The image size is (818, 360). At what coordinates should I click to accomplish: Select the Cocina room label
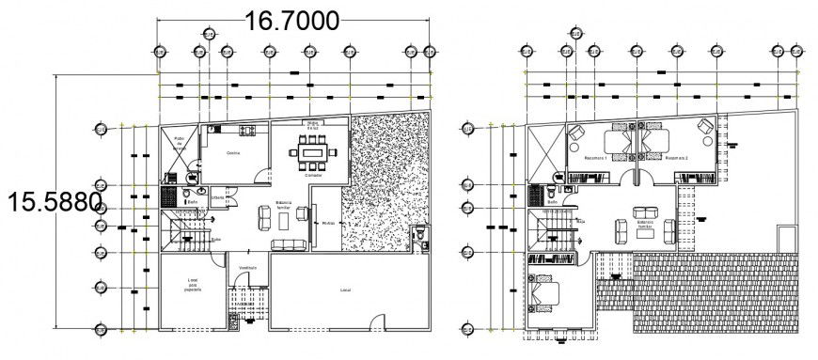pyautogui.click(x=232, y=153)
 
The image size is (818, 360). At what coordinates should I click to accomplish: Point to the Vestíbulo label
pyautogui.click(x=246, y=267)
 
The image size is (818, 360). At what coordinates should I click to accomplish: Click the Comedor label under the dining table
pyautogui.click(x=314, y=175)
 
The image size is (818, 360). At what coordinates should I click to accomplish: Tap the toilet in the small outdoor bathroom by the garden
pyautogui.click(x=419, y=234)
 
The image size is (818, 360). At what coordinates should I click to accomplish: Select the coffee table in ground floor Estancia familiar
pyautogui.click(x=284, y=218)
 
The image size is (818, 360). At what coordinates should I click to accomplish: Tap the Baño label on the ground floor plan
pyautogui.click(x=191, y=201)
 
